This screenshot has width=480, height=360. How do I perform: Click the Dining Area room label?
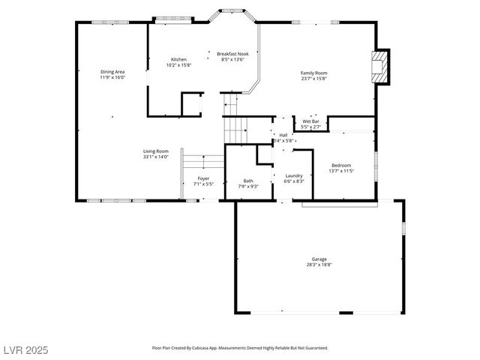point(112,72)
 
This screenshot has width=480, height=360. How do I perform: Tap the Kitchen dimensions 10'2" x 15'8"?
point(178,65)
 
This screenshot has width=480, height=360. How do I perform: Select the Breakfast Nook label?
point(232,54)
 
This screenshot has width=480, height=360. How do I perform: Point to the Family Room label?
point(313,73)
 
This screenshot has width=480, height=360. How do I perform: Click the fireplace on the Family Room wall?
point(382,67)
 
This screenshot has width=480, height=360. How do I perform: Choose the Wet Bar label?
point(310,121)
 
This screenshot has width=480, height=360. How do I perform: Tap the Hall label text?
point(283,135)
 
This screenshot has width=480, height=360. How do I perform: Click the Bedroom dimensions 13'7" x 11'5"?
point(341,171)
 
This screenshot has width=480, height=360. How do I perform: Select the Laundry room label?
point(293,175)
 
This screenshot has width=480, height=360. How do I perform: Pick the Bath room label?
point(248,181)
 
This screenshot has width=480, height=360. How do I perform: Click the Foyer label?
point(203,178)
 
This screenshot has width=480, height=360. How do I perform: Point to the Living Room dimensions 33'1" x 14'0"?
point(156,157)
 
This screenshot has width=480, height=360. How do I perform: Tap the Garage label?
point(319,259)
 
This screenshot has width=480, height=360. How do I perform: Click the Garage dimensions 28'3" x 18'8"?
point(319,265)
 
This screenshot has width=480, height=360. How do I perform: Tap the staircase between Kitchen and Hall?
point(235,118)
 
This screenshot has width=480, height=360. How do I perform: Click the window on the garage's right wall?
point(403,227)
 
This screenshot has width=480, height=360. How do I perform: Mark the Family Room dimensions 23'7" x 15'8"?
point(313,79)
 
